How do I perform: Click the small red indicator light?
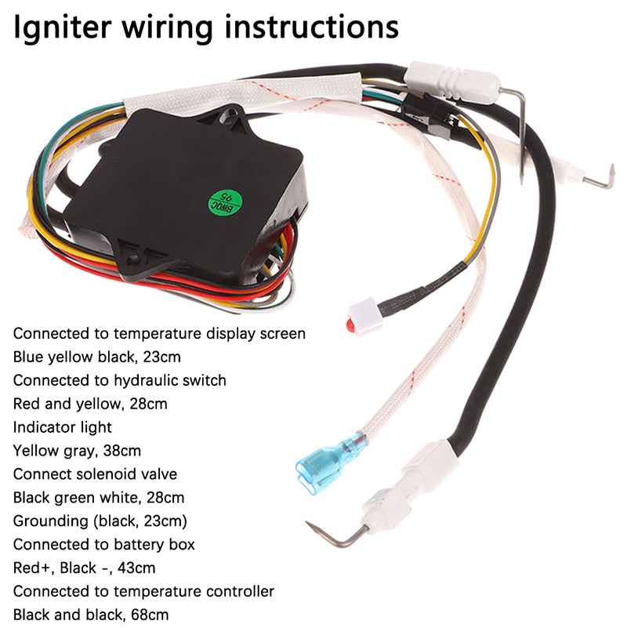pos(347,323)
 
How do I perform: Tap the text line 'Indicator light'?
pos(63,427)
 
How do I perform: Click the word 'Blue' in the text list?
pos(28,357)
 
